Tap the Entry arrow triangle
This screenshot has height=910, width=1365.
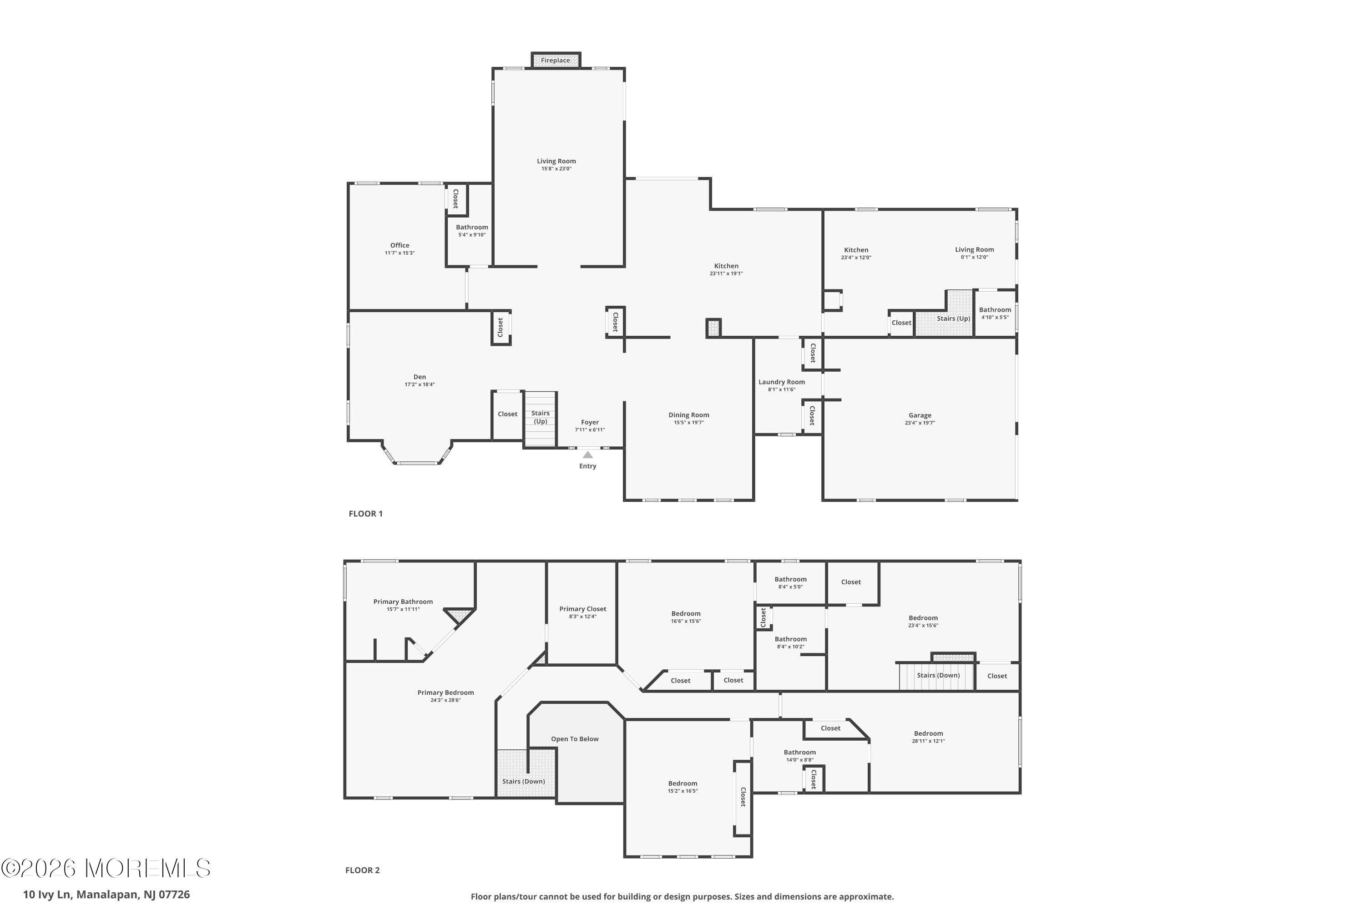(x=588, y=455)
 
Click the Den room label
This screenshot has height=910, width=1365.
(x=420, y=377)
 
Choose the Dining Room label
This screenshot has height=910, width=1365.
(x=689, y=415)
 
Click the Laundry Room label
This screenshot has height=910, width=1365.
(x=782, y=382)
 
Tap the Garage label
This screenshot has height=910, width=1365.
(x=920, y=415)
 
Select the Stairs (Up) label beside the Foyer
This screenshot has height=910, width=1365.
(x=541, y=417)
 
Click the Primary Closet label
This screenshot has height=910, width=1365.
(x=583, y=609)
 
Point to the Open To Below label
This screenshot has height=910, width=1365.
(x=575, y=739)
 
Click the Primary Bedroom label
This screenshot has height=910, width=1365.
(x=446, y=693)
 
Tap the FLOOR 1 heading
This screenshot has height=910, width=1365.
(x=366, y=514)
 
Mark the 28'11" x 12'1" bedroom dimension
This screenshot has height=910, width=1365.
(x=929, y=741)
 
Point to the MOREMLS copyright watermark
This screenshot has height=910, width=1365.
(x=106, y=868)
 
